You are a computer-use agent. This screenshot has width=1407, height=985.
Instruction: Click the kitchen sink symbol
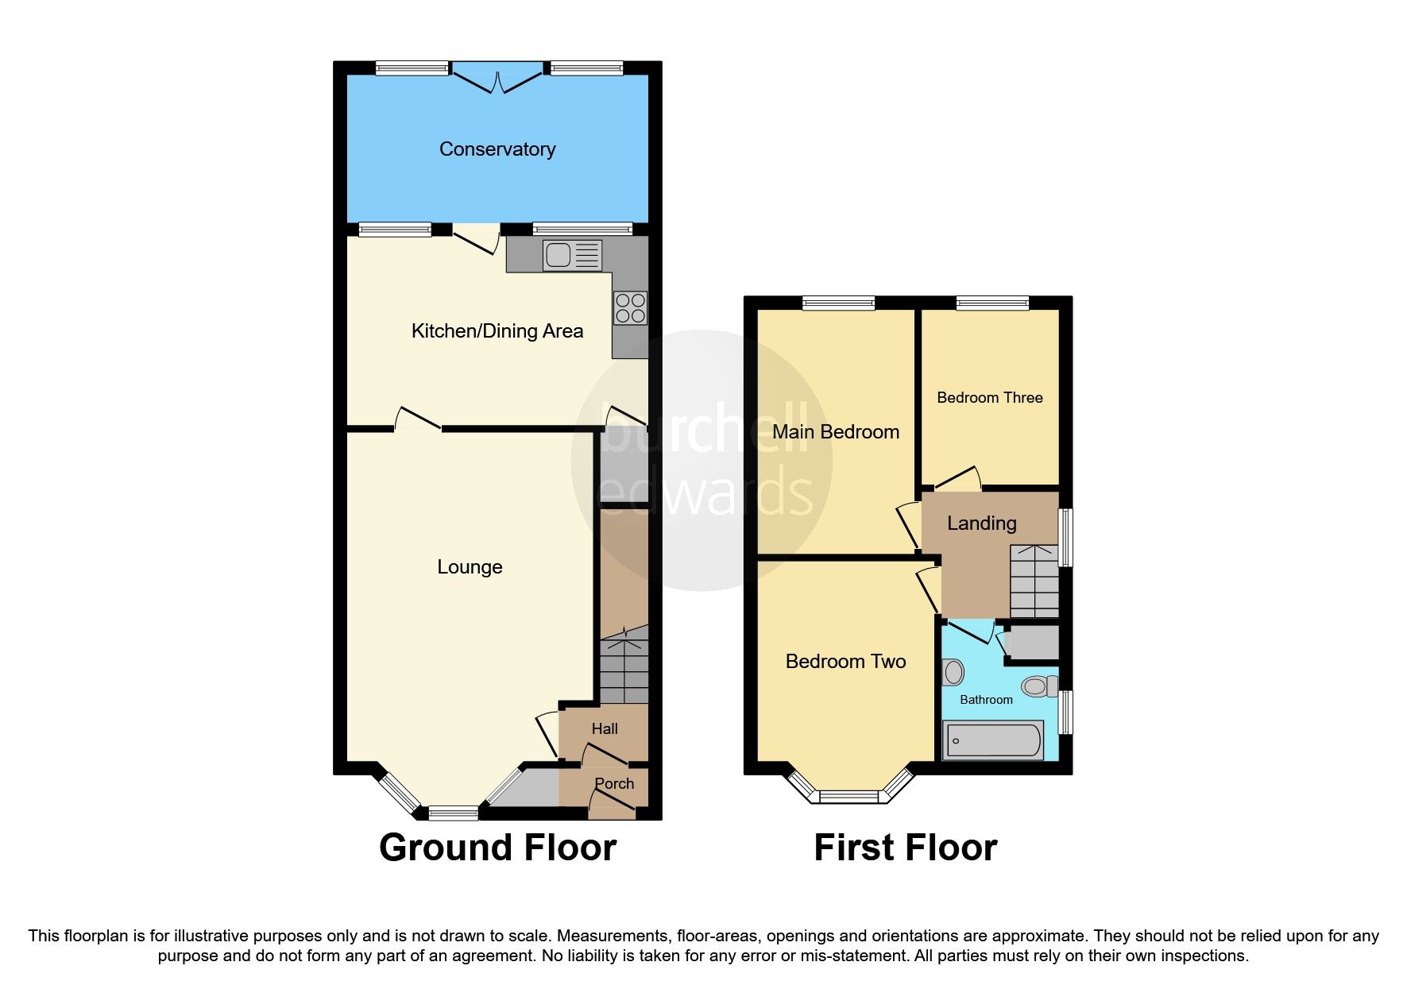click(x=572, y=255)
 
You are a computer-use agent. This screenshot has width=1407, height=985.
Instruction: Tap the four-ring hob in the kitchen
click(x=630, y=308)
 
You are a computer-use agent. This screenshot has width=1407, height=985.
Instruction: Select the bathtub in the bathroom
click(x=992, y=740)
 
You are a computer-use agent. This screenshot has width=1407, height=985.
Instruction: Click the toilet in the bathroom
click(x=1039, y=686)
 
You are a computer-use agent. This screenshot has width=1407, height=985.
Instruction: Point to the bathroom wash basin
click(x=953, y=672)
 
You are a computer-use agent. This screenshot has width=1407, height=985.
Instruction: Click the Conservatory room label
click(x=497, y=149)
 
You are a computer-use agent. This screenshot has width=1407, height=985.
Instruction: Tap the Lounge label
click(x=470, y=567)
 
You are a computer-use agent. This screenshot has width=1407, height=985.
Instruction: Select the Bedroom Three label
click(x=989, y=398)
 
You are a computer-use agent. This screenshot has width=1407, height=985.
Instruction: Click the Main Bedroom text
click(x=836, y=432)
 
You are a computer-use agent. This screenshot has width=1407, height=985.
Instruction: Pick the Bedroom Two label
click(x=845, y=662)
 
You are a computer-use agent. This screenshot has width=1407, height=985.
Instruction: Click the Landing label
click(x=981, y=523)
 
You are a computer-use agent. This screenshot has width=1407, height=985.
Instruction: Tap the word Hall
click(x=605, y=728)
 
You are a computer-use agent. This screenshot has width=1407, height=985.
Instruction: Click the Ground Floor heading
click(x=497, y=848)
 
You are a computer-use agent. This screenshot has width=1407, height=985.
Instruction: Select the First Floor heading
click(x=905, y=848)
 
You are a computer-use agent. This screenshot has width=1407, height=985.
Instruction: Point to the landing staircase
click(x=1034, y=581)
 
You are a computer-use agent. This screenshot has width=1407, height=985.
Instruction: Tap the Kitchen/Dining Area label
click(x=497, y=331)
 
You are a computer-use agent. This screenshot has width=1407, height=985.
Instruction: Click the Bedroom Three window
click(x=992, y=303)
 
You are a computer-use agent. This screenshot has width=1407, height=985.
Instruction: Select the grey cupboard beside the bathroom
click(x=1032, y=643)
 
